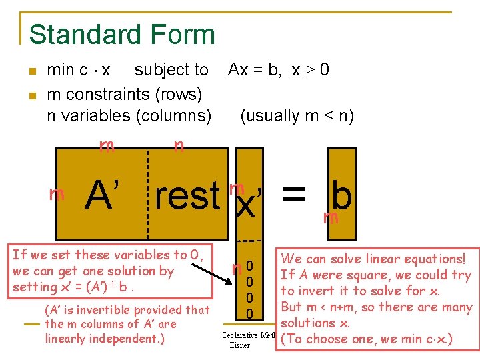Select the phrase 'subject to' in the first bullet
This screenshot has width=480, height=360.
[171, 70]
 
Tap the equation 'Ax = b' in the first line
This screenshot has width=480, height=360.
[253, 70]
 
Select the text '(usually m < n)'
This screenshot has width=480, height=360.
[297, 115]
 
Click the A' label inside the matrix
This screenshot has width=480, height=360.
[106, 195]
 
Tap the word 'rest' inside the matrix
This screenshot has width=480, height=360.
[187, 196]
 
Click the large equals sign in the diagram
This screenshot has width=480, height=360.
[294, 194]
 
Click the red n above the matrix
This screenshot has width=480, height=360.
[179, 146]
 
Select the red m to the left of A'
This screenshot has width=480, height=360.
[57, 195]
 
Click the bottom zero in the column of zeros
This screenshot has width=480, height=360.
[249, 313]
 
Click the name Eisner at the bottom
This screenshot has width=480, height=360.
[239, 346]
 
